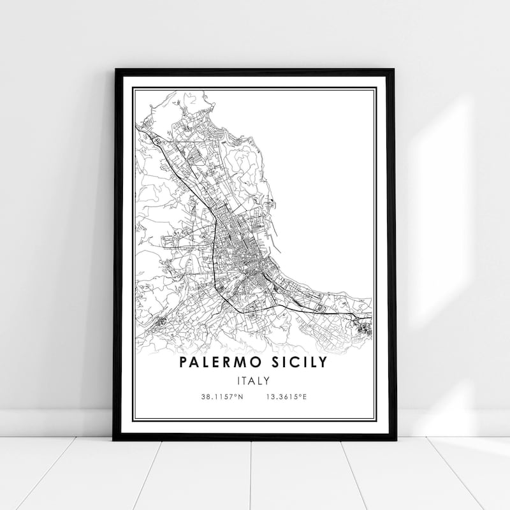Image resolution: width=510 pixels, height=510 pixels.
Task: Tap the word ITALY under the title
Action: pos(252,381)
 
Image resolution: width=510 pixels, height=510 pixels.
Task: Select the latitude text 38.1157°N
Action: pos(221,397)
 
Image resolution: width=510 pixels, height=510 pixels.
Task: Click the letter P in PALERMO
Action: pos(184,363)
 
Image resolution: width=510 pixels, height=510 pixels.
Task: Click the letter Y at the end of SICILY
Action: pos(323,363)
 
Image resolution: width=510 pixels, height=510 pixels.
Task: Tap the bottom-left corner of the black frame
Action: pos(115,439)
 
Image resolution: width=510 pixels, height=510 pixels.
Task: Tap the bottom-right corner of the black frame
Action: pos(395,439)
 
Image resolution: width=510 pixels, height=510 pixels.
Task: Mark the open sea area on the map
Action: pos(319,178)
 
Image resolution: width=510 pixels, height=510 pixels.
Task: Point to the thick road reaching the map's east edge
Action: pos(357,316)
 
